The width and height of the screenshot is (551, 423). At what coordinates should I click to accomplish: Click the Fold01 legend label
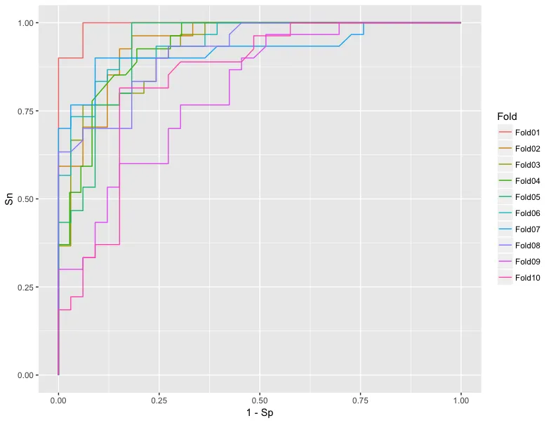[526, 133]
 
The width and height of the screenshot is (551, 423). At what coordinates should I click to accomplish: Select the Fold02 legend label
[526, 149]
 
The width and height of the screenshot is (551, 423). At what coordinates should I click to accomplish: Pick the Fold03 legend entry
[526, 165]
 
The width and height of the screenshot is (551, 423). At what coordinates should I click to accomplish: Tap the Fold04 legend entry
[526, 181]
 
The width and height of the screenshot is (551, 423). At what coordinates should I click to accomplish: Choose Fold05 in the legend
[526, 197]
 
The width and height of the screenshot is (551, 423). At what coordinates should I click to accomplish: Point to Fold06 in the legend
[526, 213]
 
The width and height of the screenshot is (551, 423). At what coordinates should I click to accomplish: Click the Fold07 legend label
[526, 229]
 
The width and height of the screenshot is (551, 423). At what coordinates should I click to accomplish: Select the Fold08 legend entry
[526, 246]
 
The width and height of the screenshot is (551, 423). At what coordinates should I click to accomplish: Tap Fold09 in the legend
[526, 262]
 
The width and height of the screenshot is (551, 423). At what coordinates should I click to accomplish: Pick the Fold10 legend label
[526, 278]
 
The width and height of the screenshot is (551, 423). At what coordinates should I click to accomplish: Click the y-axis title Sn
[9, 199]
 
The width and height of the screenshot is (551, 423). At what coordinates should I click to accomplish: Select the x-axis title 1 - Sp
[260, 413]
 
